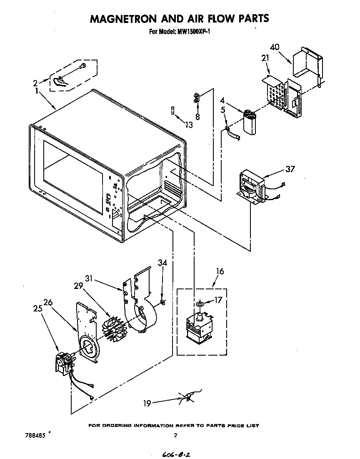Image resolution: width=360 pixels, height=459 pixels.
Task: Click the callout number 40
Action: click(x=275, y=47)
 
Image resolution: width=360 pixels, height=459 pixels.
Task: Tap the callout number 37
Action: click(x=290, y=169)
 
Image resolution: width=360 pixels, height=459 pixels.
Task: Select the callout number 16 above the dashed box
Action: click(x=220, y=271)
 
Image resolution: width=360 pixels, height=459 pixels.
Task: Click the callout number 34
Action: click(x=162, y=263)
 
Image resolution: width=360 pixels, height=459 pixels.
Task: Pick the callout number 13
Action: click(x=189, y=124)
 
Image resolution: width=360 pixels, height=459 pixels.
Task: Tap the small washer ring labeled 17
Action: click(x=200, y=305)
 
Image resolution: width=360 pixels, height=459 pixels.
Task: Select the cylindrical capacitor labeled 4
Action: click(x=250, y=122)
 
